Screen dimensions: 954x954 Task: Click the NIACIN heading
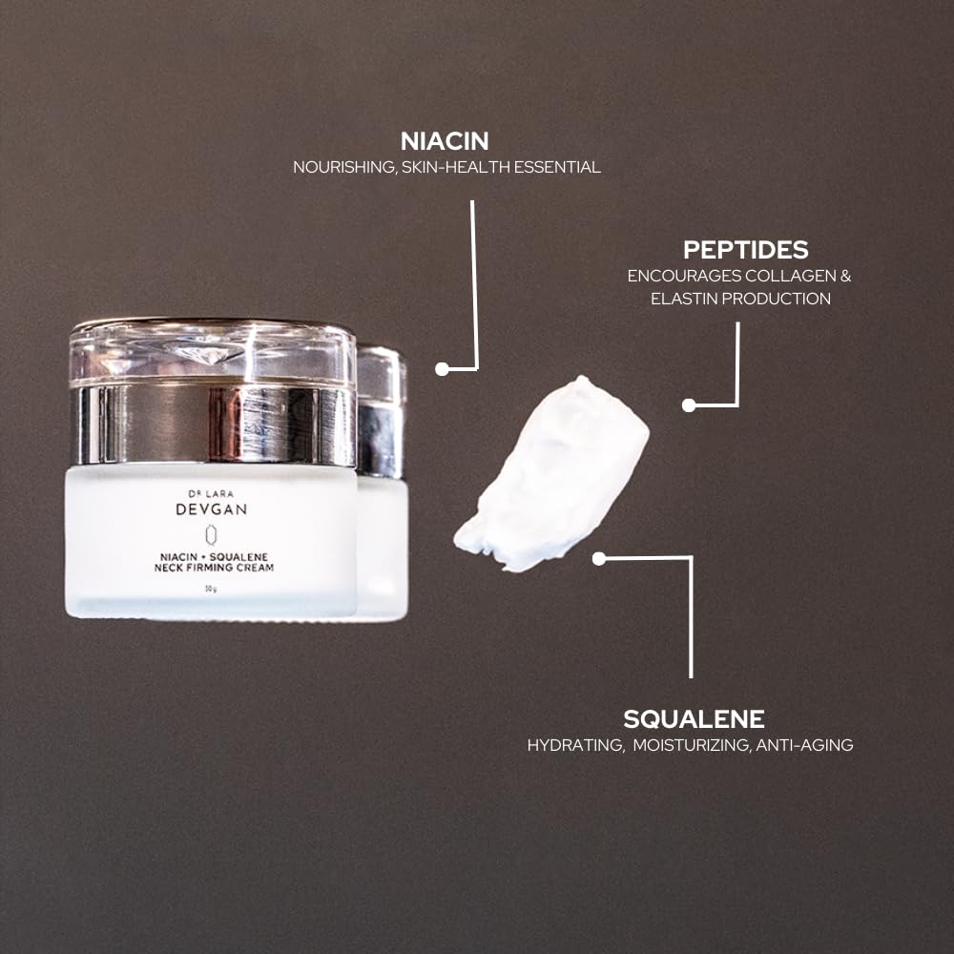pos(445,141)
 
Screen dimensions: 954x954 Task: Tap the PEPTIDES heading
pos(745,250)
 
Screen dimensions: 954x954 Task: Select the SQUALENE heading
pos(694,719)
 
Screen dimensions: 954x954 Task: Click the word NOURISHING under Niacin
pos(343,167)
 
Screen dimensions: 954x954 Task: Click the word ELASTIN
pos(682,299)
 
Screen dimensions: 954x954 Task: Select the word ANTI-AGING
pos(804,745)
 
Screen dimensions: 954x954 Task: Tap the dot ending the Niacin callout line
pos(442,368)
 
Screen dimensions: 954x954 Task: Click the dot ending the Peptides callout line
pos(689,404)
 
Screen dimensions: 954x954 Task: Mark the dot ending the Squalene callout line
pos(599,559)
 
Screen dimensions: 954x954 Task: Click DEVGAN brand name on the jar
pos(211,509)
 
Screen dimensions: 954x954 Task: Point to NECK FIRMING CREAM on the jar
pos(211,568)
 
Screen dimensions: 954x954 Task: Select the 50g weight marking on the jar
pos(210,589)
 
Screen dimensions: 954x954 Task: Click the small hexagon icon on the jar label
pos(211,534)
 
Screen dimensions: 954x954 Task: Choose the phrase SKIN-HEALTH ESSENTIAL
pos(501,167)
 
